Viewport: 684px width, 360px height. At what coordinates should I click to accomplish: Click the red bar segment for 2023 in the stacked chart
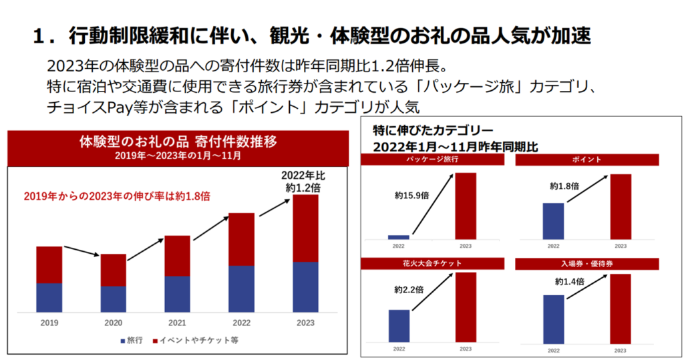coord(305,228)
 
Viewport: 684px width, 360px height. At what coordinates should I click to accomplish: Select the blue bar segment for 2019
coord(49,297)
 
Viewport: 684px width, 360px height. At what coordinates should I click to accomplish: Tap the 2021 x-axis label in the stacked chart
coord(177,323)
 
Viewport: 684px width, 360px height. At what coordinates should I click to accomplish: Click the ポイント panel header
coord(587,160)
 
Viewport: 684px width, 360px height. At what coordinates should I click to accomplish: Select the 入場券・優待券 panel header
coord(587,263)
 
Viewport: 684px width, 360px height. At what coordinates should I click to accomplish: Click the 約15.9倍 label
coord(409,196)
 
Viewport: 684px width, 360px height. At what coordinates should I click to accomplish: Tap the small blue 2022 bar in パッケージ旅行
coord(399,236)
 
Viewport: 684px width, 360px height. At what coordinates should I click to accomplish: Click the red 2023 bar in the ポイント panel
coord(621,206)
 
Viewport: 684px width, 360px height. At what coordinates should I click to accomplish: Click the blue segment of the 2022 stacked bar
coord(241,289)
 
